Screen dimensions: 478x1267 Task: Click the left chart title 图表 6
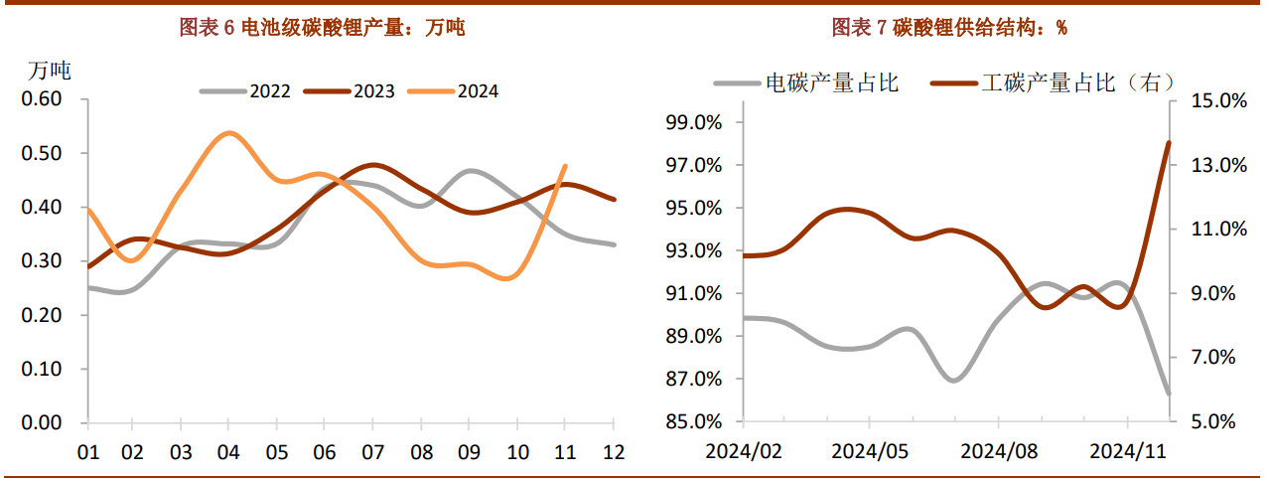tap(322, 28)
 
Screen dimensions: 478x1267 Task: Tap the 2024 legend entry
tap(477, 91)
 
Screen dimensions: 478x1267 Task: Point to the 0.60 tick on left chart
tap(41, 99)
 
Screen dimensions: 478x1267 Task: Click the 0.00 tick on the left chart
tap(41, 422)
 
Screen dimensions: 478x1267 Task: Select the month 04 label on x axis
tap(228, 452)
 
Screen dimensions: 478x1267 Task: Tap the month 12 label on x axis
tap(614, 452)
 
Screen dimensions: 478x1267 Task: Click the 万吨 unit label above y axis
tap(49, 71)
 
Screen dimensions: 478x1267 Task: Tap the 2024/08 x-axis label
tap(998, 452)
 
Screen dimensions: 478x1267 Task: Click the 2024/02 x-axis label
tap(745, 452)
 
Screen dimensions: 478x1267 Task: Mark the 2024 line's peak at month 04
tap(228, 133)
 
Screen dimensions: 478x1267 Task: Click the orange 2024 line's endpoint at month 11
tap(565, 166)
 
